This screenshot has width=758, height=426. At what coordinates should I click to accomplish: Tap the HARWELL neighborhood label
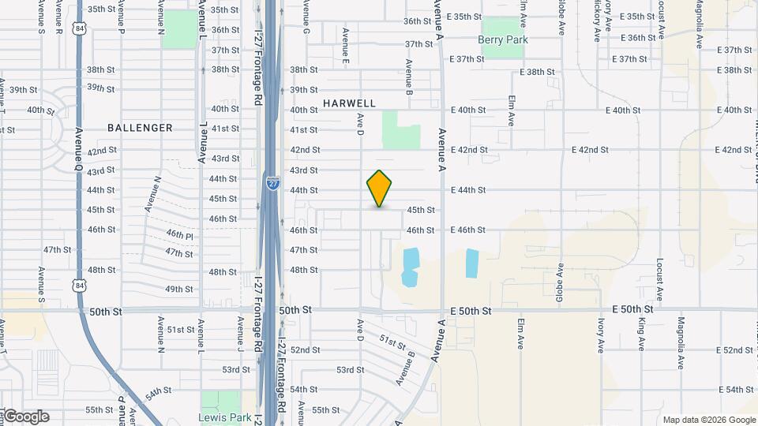pyautogui.click(x=349, y=103)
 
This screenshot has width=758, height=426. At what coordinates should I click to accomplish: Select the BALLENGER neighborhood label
pyautogui.click(x=140, y=128)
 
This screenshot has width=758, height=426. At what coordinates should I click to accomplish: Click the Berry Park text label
pyautogui.click(x=502, y=39)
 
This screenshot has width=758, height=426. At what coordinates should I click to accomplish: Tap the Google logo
pyautogui.click(x=25, y=417)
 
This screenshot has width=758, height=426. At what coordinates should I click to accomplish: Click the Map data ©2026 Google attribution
pyautogui.click(x=708, y=420)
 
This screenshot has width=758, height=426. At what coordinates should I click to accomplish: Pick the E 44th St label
pyautogui.click(x=467, y=190)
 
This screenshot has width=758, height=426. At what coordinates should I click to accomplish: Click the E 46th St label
pyautogui.click(x=467, y=230)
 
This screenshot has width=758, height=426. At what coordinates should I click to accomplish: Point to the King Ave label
pyautogui.click(x=642, y=334)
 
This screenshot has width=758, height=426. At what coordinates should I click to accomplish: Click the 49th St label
pyautogui.click(x=179, y=290)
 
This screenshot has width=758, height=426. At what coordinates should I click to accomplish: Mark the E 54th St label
pyautogui.click(x=738, y=390)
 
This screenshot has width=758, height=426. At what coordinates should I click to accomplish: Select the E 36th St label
pyautogui.click(x=639, y=38)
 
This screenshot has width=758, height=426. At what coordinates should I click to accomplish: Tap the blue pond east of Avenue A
pyautogui.click(x=472, y=263)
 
